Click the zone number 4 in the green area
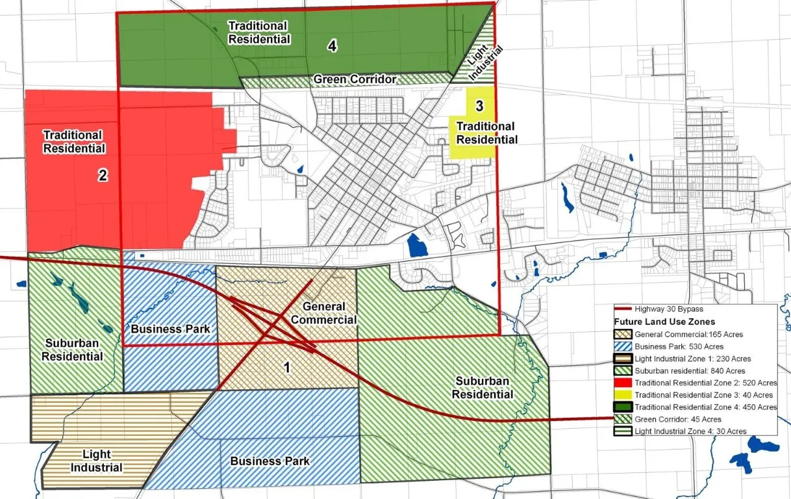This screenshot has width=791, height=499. pos(332,46)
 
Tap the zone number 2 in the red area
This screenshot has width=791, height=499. pos(103,175)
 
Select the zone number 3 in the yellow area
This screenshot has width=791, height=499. pos(479,105)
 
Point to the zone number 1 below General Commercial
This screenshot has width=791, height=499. pos(286,367)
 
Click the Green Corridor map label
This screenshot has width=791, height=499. pos(355,79)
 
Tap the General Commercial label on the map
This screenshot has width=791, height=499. pos(323,313)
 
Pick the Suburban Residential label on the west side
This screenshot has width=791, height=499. pos(73,350)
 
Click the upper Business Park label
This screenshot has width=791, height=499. pos(170,329)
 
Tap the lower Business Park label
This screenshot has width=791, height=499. pos(270,461)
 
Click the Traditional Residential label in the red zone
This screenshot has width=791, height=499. pos(73,142)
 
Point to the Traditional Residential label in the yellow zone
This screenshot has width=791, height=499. pos(486,133)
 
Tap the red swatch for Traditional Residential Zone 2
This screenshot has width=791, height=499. pos(623,383)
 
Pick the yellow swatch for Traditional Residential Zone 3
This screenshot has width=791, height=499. pos(623,395)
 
